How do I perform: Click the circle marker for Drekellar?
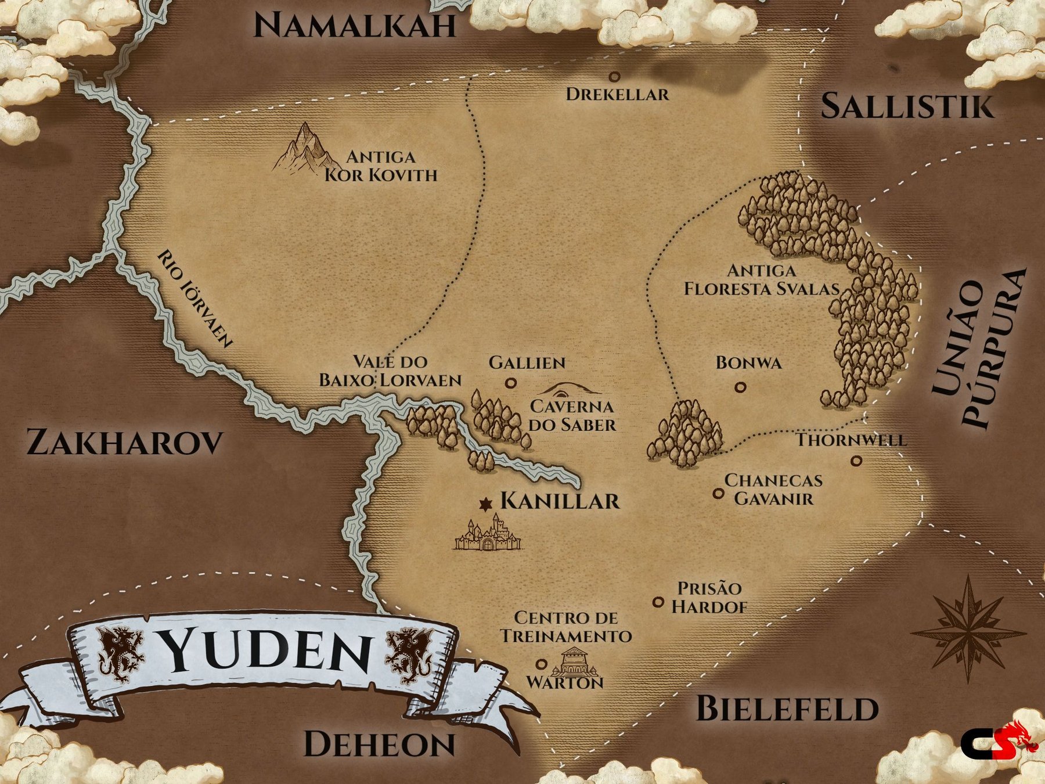point(614,77)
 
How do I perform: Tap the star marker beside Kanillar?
point(485,505)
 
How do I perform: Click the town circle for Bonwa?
point(740,387)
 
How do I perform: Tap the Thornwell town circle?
point(856,461)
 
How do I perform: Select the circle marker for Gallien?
point(511,383)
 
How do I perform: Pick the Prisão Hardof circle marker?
point(658,602)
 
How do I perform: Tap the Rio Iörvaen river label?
point(195,299)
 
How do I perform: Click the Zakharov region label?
point(125,442)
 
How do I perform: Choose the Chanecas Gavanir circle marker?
point(718,494)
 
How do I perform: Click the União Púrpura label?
point(978,348)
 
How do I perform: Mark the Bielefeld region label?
point(787,709)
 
